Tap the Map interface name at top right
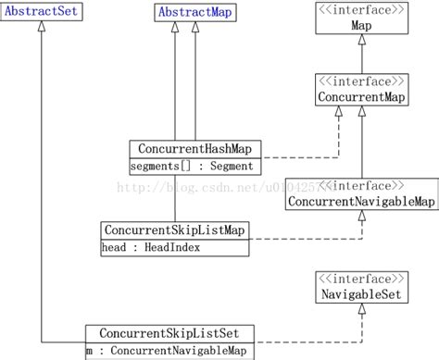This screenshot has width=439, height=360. (x=362, y=27)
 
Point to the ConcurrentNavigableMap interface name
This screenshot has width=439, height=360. (x=361, y=201)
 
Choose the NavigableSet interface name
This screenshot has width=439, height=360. (x=361, y=294)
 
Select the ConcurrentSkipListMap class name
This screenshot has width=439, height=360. (x=173, y=230)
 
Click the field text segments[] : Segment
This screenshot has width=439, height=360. (x=191, y=166)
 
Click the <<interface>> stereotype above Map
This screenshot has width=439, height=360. (x=362, y=12)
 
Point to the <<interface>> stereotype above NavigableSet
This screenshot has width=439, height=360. (x=361, y=279)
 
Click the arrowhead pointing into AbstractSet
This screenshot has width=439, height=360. (x=41, y=31)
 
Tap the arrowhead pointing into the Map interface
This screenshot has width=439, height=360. (x=362, y=43)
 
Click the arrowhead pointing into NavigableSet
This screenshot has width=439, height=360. (x=362, y=311)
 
